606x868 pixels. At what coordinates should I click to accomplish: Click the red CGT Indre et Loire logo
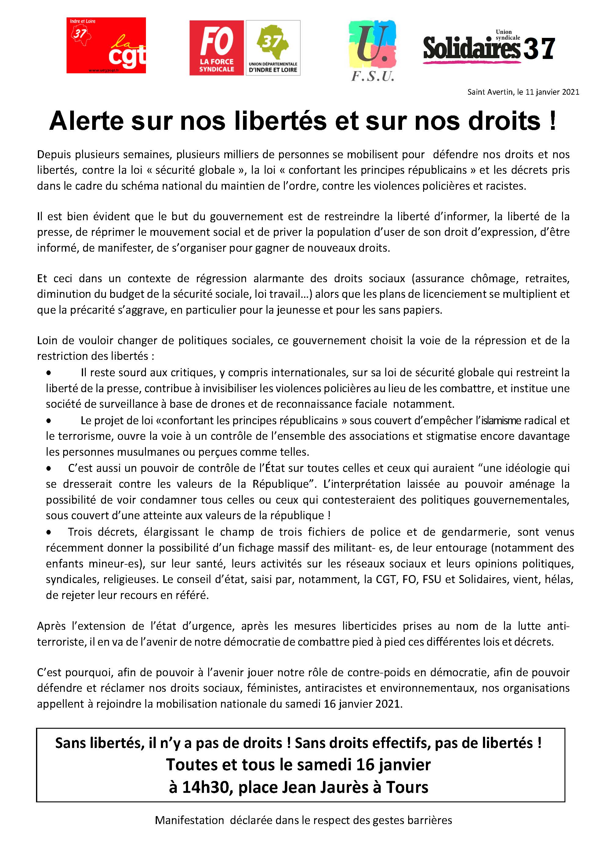[x=106, y=46]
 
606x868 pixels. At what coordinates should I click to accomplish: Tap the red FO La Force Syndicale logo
[x=216, y=48]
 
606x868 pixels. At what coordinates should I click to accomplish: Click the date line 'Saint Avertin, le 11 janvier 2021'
[x=523, y=92]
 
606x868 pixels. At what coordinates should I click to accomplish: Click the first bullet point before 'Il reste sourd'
[x=49, y=373]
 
